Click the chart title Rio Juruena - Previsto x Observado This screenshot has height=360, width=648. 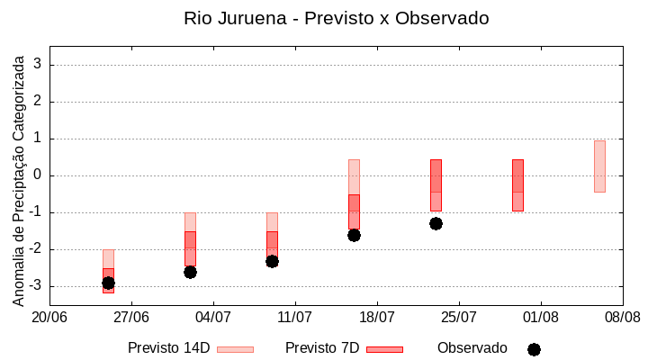tap(337, 18)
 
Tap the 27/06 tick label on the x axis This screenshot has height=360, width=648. tap(131, 317)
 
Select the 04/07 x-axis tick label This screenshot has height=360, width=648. tap(213, 317)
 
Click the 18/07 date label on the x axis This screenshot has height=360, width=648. tap(377, 317)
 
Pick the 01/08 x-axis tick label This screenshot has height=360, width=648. tap(541, 317)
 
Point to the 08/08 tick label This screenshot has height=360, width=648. tap(622, 317)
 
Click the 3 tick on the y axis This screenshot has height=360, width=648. tap(39, 65)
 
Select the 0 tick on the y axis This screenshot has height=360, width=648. tap(39, 175)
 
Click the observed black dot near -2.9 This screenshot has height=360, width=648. tap(108, 283)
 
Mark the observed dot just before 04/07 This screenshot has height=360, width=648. tap(190, 272)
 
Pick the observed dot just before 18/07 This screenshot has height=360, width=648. tap(354, 235)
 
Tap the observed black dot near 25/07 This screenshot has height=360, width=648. tap(436, 223)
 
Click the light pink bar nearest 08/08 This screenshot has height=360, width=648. tap(599, 166)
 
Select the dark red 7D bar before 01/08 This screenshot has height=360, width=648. tap(517, 184)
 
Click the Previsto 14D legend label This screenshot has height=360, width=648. tap(168, 348)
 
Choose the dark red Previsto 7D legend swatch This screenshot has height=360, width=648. tap(384, 349)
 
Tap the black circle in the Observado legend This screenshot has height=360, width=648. tap(534, 349)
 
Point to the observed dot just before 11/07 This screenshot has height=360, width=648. tap(272, 261)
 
